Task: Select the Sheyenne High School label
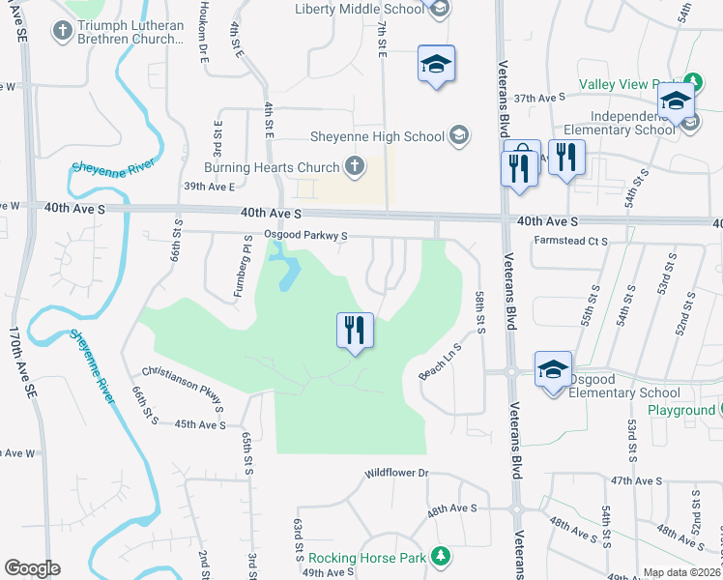(x=377, y=137)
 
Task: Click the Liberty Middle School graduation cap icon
(x=440, y=10)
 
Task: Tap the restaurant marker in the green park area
(x=355, y=332)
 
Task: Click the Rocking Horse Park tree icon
(x=441, y=556)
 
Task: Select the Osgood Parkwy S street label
(x=304, y=236)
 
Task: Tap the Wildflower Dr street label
(x=395, y=474)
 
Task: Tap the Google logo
(x=32, y=568)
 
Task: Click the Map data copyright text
(x=681, y=572)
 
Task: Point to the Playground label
(x=681, y=410)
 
